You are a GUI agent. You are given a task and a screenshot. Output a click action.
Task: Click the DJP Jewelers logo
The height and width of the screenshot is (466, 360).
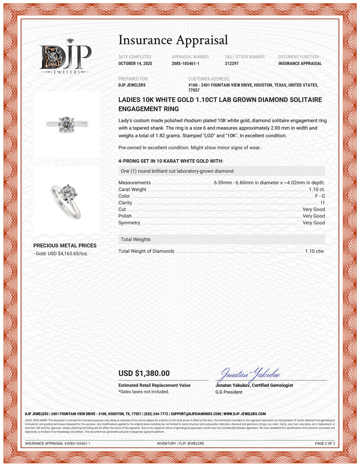click(x=65, y=57)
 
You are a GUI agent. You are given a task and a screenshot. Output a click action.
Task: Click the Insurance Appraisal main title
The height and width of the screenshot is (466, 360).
click(x=173, y=40)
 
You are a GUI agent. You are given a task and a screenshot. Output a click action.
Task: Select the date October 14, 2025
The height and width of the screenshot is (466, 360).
click(x=135, y=63)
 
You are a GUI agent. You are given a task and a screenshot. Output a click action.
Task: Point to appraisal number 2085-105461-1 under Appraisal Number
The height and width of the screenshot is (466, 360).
click(x=185, y=63)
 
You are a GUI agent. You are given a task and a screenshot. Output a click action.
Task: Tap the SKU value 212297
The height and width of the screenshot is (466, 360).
click(x=231, y=63)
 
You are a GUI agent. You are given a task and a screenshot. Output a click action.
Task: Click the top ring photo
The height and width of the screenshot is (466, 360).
click(x=67, y=124)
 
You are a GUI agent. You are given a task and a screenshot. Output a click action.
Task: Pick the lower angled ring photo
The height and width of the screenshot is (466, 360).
click(x=67, y=200)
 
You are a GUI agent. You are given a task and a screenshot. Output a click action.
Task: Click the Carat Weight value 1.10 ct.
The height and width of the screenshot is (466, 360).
click(x=317, y=189)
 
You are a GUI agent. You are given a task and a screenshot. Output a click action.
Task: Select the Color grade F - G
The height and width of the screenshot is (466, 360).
click(x=320, y=196)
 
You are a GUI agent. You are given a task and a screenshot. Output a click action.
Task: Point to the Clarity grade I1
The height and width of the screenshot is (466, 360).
click(x=323, y=203)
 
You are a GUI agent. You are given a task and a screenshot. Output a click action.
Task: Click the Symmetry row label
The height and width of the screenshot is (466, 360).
click(x=129, y=223)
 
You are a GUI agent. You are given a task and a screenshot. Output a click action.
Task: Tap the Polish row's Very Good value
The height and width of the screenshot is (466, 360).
click(x=314, y=216)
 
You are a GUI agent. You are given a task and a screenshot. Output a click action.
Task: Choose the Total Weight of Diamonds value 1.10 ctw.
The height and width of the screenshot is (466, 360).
click(x=315, y=251)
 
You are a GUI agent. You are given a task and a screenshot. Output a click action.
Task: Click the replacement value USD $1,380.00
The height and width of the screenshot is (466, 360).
click(x=144, y=373)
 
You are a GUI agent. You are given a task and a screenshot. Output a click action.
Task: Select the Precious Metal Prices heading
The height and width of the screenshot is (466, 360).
click(x=65, y=246)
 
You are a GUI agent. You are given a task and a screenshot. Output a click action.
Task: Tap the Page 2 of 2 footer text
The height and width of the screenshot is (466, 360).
click(x=325, y=443)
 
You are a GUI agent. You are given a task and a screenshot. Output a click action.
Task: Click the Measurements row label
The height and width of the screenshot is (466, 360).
click(x=134, y=183)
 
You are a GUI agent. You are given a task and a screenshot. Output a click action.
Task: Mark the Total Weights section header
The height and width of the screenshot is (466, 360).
click(x=136, y=239)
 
